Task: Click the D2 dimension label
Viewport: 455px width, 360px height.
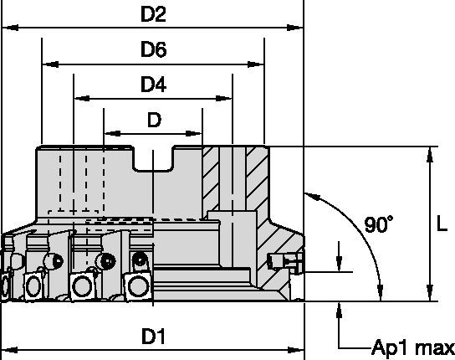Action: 152,13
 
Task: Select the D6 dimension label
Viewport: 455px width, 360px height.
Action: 152,49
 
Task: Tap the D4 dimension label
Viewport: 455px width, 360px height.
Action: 152,84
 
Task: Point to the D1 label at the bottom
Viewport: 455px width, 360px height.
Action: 151,337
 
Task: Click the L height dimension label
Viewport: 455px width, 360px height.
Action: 444,224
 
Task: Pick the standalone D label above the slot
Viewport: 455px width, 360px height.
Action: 153,120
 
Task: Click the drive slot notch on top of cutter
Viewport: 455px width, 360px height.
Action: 154,160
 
